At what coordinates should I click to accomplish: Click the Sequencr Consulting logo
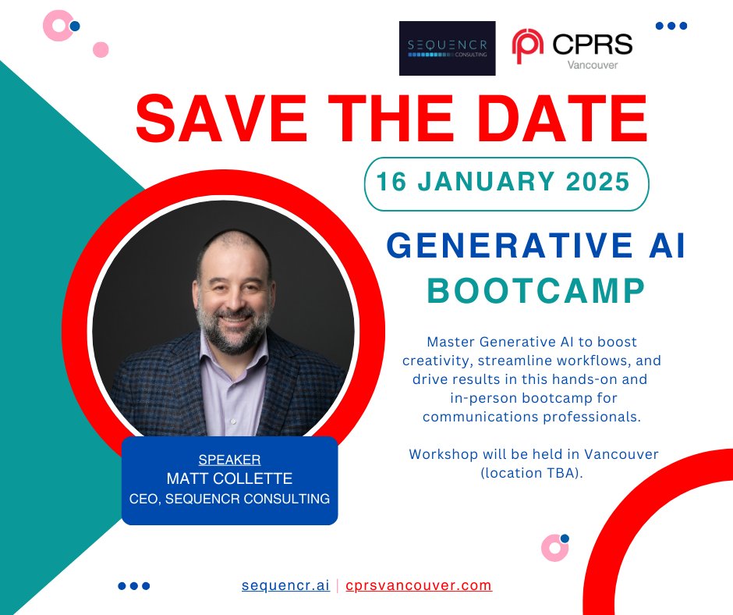coord(447,48)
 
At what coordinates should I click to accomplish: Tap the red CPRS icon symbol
coord(528,47)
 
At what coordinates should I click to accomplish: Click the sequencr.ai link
coord(285,585)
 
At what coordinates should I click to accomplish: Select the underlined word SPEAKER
coord(229,460)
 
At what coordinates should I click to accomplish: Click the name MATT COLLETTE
coord(229,478)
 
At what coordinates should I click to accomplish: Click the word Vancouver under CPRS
coord(593,65)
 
